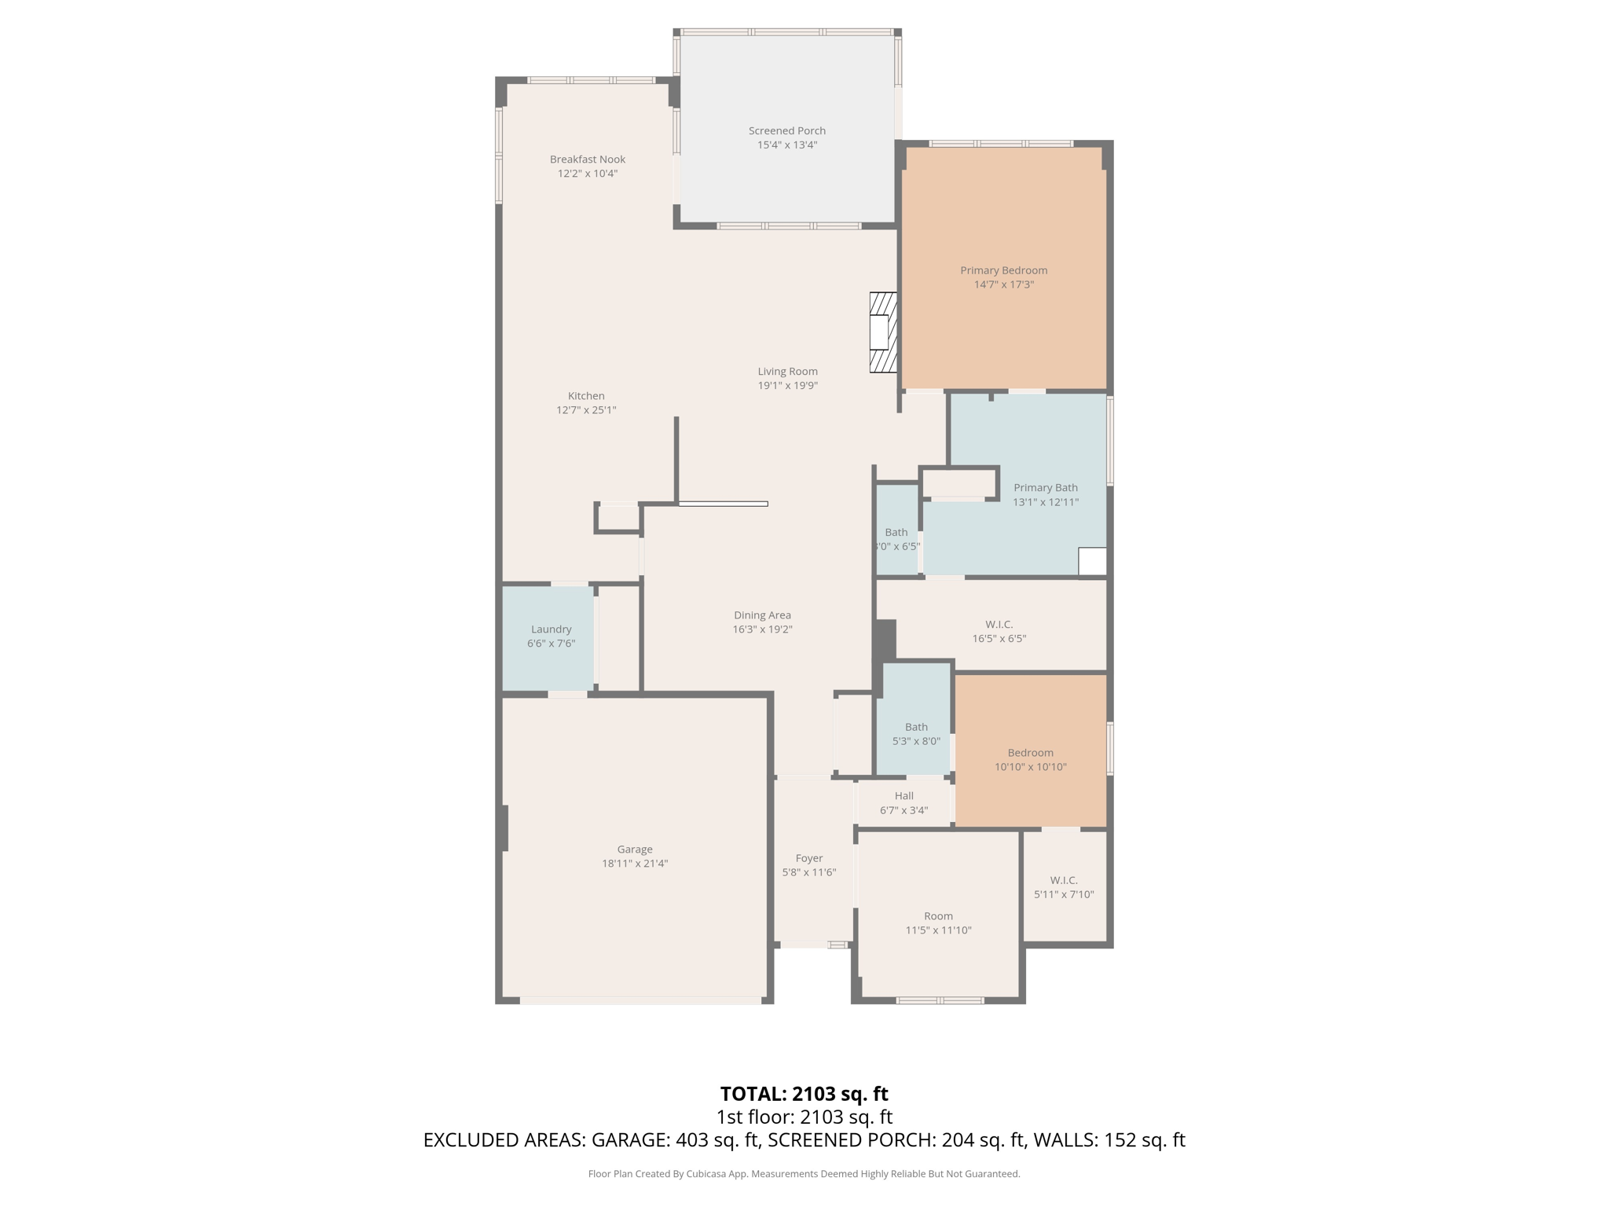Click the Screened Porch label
click(x=786, y=130)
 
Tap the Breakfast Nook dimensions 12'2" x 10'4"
click(x=587, y=174)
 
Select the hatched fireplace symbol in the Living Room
click(x=883, y=332)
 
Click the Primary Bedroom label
click(x=1003, y=270)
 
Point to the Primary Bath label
click(x=1045, y=487)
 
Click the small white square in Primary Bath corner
click(x=1092, y=561)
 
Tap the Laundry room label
click(x=551, y=629)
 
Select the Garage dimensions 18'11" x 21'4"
click(x=634, y=864)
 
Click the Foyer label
click(x=808, y=858)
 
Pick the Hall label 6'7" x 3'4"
click(x=903, y=802)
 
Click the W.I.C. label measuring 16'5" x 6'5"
click(x=999, y=631)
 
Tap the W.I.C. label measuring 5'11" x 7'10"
click(x=1064, y=886)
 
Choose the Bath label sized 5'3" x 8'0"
click(x=916, y=734)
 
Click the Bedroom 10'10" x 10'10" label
click(x=1030, y=759)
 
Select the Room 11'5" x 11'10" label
click(x=938, y=923)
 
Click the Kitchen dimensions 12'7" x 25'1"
click(x=586, y=410)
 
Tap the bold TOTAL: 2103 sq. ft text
click(x=804, y=1094)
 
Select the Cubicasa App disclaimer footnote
click(x=804, y=1174)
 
